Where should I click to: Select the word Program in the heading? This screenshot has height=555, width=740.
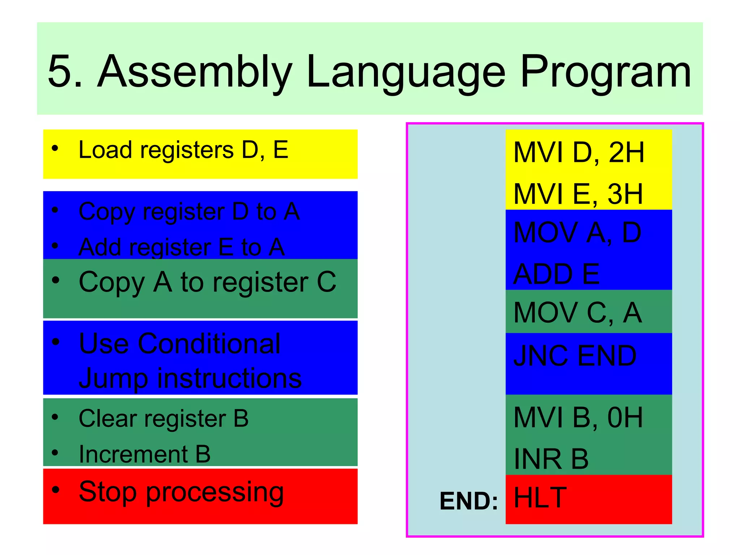point(606,72)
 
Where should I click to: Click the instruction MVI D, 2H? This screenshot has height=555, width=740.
point(578,153)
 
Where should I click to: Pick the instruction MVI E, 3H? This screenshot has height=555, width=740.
point(578,194)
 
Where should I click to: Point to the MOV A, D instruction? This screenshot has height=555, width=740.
point(577,233)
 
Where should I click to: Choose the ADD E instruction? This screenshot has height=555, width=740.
point(556,274)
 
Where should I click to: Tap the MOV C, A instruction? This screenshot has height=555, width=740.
point(577,313)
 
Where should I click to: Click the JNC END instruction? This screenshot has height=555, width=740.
point(575,356)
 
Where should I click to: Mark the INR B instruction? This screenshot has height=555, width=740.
point(551,459)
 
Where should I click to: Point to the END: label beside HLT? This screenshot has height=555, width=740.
point(469,501)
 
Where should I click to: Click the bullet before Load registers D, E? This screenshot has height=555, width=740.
point(55,148)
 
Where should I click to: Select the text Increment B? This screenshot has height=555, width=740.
point(145,454)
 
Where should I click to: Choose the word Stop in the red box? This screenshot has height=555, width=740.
point(108,492)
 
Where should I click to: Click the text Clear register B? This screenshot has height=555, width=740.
point(163,419)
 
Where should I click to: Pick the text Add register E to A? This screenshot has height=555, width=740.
point(181,248)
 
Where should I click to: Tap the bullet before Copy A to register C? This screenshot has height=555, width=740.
point(55,280)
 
